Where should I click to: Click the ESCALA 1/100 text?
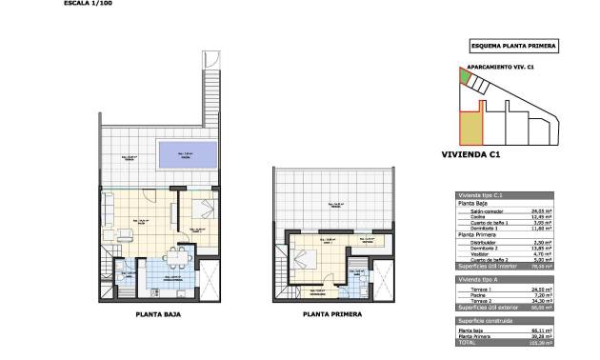pyautogui.click(x=90, y=4)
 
